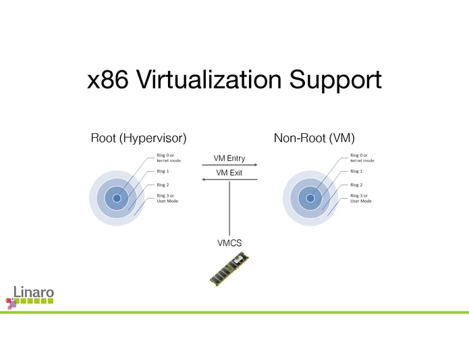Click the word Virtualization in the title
[209, 79]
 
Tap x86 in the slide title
[108, 79]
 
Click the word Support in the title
[335, 81]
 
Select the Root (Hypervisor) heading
[138, 138]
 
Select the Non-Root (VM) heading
[314, 138]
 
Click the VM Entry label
[229, 158]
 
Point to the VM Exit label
[229, 172]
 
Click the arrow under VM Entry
[229, 165]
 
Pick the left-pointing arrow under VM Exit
[229, 179]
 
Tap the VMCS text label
[229, 243]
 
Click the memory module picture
[229, 268]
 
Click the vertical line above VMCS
[229, 208]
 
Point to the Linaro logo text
[34, 292]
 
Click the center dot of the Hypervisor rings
[117, 198]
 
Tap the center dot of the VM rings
[310, 198]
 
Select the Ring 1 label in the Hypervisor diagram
[163, 171]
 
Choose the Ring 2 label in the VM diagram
[356, 185]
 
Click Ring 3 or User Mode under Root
[167, 198]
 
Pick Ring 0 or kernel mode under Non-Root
[362, 158]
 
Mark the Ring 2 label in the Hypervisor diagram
[163, 185]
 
